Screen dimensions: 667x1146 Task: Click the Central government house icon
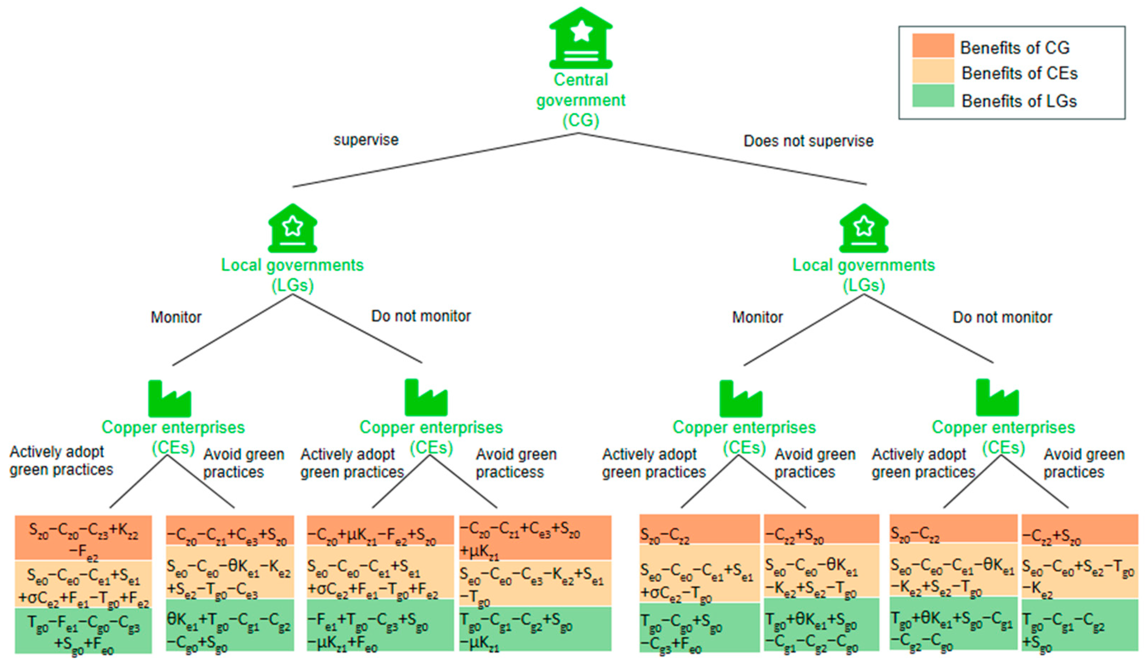581,38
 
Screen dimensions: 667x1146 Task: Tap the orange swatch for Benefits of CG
933,46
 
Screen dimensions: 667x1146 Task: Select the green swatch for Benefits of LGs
933,96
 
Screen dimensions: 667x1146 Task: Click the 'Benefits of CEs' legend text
1019,73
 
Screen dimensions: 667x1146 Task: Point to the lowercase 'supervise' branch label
366,140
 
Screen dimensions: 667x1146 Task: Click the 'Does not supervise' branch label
808,141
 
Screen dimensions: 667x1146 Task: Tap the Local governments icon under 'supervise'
292,228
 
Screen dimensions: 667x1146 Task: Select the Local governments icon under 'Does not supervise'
863,228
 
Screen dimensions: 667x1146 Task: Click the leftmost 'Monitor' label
176,317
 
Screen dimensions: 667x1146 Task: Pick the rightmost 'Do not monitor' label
1002,317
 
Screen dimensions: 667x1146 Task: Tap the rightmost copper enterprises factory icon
997,398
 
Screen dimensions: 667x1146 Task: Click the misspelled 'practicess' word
509,472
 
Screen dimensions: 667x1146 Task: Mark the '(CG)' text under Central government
581,120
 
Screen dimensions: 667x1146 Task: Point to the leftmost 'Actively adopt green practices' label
61,460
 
